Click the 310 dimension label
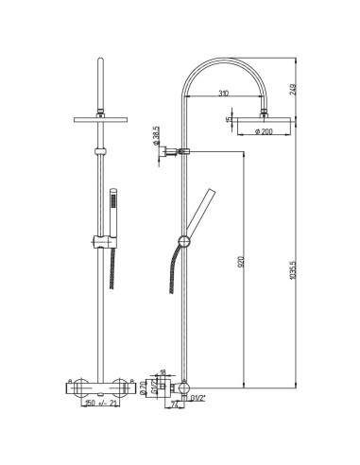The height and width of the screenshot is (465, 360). coord(220,95)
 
